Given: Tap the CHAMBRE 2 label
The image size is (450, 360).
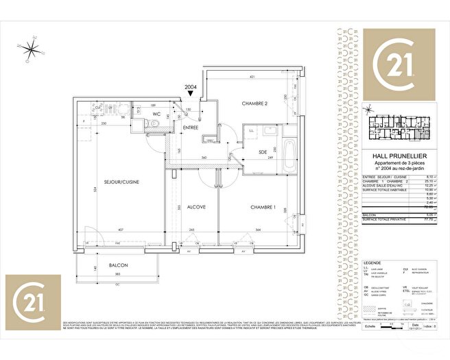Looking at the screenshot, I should (254, 104).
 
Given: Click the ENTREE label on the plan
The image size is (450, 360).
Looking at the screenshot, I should (190, 128).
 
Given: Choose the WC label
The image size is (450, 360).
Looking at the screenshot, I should (156, 114).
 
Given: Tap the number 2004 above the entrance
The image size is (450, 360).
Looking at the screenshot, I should (190, 87).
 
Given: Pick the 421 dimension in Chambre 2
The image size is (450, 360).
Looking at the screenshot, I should (252, 77).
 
